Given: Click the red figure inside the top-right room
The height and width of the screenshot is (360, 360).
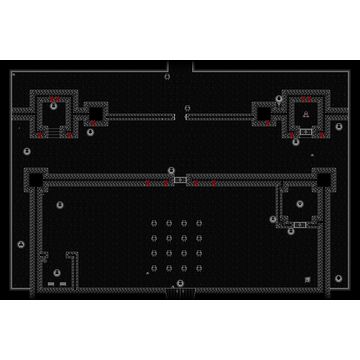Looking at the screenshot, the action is (x=306, y=114).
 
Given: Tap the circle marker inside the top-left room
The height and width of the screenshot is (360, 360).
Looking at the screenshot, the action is (x=53, y=105).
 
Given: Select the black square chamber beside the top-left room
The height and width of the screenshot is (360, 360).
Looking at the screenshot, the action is (x=96, y=114).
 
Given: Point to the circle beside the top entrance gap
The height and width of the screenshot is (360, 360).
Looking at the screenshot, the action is (x=167, y=76).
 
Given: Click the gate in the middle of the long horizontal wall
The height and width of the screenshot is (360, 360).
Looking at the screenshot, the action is (x=180, y=180).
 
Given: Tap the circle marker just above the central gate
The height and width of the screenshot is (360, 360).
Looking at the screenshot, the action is (x=171, y=171).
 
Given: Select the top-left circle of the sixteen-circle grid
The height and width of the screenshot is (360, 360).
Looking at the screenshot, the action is (x=154, y=223).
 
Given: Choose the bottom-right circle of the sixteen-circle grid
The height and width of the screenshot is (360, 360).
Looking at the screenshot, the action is (x=199, y=268).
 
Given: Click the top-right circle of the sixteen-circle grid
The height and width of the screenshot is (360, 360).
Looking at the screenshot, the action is (x=199, y=223).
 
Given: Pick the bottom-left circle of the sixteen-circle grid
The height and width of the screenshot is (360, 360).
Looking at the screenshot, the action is (x=154, y=268).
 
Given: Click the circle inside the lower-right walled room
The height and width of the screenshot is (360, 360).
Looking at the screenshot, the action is (x=300, y=204).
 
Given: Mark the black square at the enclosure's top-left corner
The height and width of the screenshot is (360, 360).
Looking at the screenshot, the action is (x=36, y=180).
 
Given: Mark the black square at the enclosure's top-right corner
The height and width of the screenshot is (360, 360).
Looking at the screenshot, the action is (x=323, y=180).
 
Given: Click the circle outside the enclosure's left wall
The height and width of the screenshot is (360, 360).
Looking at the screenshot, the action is (x=21, y=244).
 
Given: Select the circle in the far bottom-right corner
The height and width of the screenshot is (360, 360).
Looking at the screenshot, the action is (x=339, y=278).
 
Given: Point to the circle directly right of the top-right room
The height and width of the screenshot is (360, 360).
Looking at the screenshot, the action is (x=339, y=127).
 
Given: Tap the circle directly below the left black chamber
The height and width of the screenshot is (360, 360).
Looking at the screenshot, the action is (x=90, y=132).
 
